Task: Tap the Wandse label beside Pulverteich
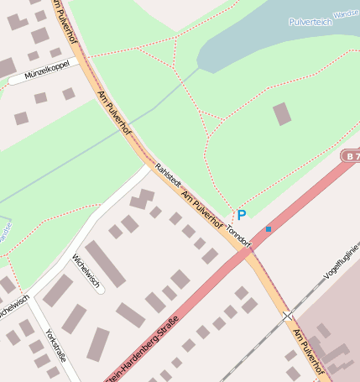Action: (x=345, y=14)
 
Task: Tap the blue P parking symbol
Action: (x=242, y=216)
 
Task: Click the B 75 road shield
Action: (x=352, y=156)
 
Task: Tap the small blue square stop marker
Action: (x=269, y=228)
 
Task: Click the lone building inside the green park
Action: (x=283, y=113)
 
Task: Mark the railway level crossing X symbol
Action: (x=288, y=316)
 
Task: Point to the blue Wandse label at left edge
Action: (x=4, y=231)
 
